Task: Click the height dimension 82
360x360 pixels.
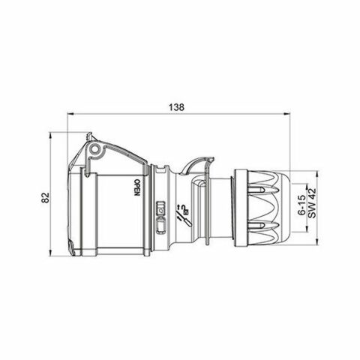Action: [45, 196]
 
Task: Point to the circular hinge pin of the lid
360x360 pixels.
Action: [94, 152]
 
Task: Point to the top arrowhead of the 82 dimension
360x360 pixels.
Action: [51, 137]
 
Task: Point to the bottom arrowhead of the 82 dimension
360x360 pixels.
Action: [51, 256]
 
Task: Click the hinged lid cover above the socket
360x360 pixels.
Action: [112, 150]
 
